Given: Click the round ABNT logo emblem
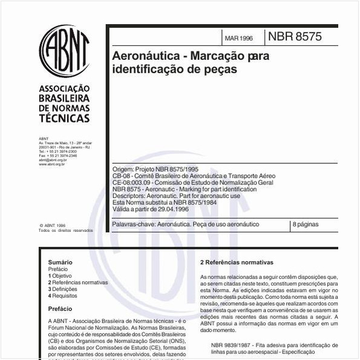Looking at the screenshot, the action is tap(64, 51).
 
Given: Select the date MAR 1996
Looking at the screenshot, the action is tap(238, 38).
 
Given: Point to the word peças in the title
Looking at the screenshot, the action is tap(221, 70).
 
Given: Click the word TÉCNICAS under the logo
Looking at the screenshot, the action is tap(64, 119).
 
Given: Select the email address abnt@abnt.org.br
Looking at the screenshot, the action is tap(53, 160).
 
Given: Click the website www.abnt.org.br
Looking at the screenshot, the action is tap(52, 164).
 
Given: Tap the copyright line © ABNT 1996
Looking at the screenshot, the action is tap(52, 225).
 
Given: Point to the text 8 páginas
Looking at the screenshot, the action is tap(306, 224).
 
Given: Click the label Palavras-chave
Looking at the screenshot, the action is tap(134, 224).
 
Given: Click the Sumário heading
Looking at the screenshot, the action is tap(60, 262).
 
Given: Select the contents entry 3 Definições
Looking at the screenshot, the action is tap(63, 289).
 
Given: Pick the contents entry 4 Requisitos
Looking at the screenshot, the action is tap(63, 296).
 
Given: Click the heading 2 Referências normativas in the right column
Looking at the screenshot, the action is tap(237, 263).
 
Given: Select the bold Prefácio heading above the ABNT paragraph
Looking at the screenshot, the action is tap(60, 309).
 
